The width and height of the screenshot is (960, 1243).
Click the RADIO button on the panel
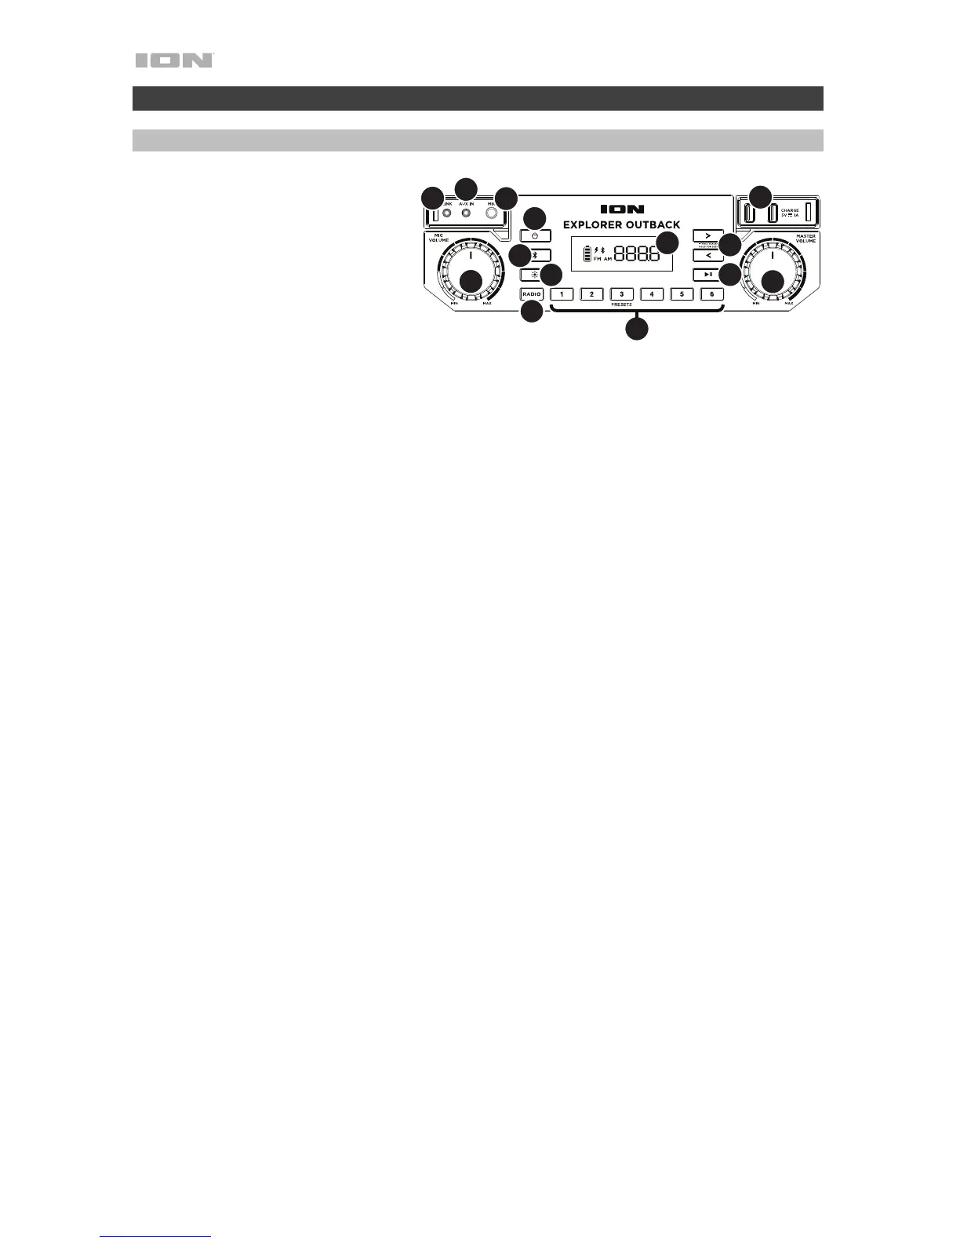pos(531,294)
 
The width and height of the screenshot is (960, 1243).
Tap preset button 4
pos(652,294)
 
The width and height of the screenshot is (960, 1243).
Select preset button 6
pos(711,294)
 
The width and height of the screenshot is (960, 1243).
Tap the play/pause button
pos(707,274)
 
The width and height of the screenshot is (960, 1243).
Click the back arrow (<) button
pos(707,255)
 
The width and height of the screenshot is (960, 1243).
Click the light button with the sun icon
pos(532,275)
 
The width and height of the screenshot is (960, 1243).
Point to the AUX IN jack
pos(466,213)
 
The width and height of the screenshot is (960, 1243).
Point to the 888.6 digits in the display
pos(636,254)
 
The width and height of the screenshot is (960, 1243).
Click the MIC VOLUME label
pos(438,238)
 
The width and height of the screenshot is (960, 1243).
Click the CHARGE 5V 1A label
pos(790,213)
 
